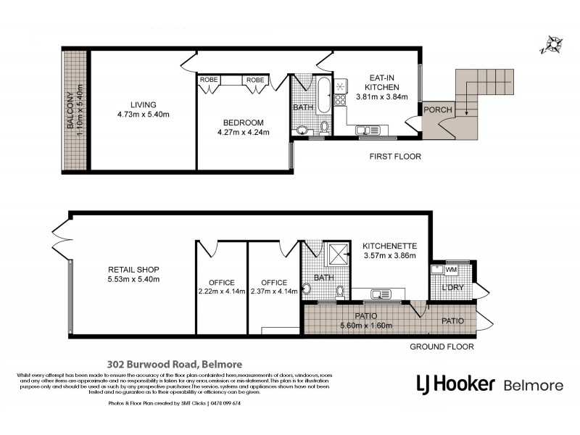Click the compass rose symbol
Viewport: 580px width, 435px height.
click(552, 45)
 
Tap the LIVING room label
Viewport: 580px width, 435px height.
click(138, 104)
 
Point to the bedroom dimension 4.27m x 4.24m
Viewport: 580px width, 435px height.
click(244, 133)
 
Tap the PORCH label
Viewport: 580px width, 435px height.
click(439, 110)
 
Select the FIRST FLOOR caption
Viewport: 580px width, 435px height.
click(394, 156)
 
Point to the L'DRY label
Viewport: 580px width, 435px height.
click(452, 289)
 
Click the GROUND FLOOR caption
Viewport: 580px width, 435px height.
click(442, 347)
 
